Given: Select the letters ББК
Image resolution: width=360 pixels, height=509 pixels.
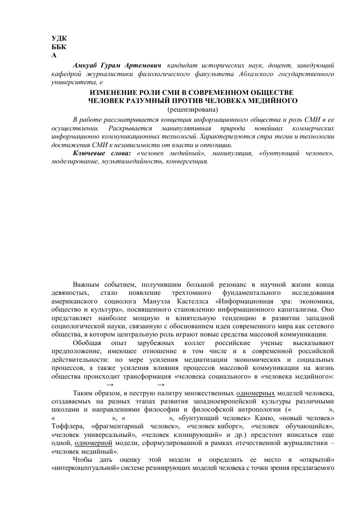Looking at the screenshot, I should [59, 47].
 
